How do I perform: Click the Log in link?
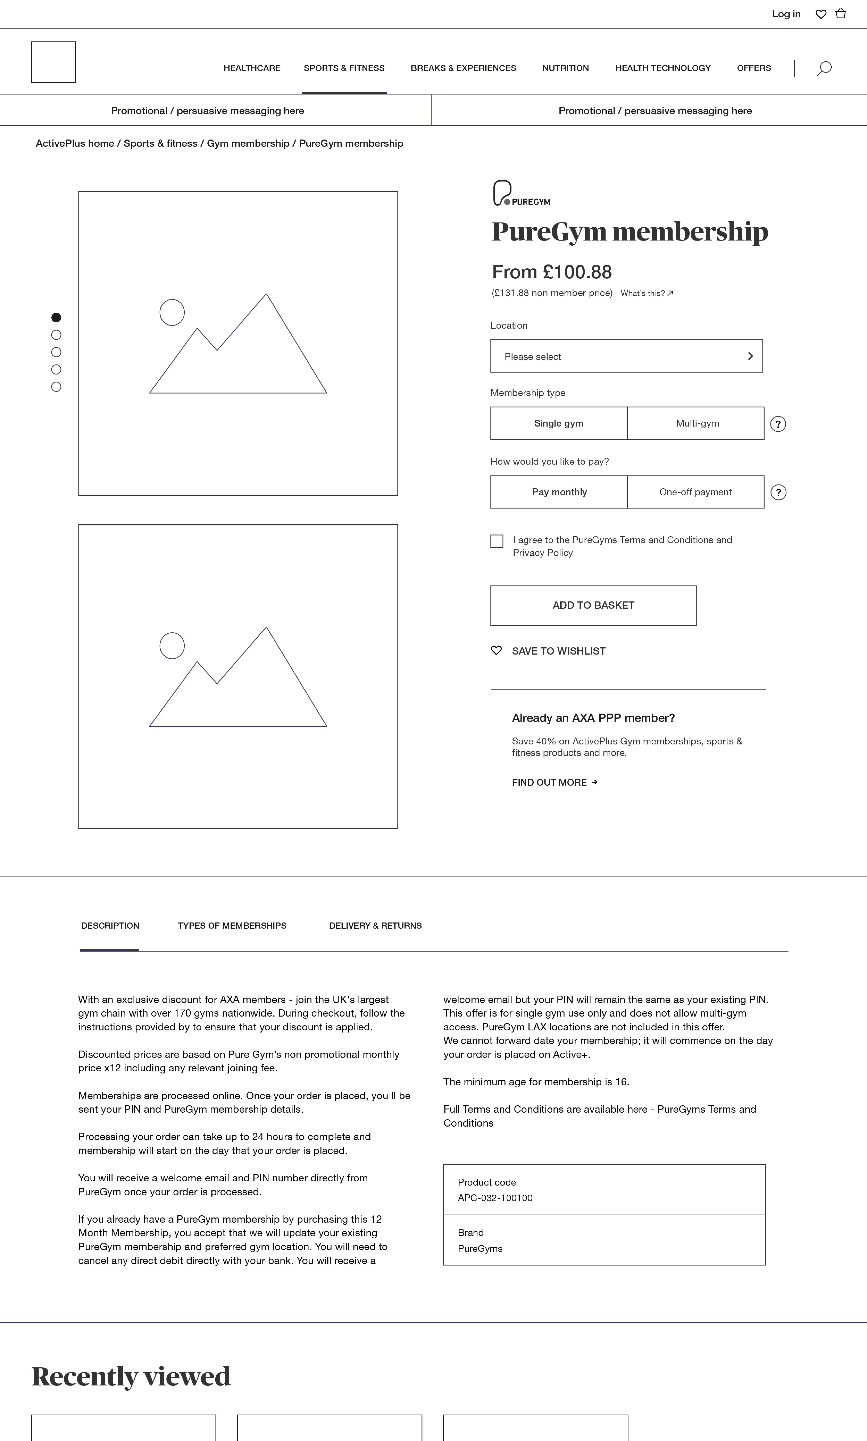(786, 14)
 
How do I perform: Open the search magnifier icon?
(824, 68)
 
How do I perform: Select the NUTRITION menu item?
(565, 68)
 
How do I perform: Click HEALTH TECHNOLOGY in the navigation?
(662, 68)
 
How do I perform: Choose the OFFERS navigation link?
(754, 68)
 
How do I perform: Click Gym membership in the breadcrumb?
(248, 144)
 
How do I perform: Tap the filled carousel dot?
(56, 318)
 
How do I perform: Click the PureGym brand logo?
(521, 193)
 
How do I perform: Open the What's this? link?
(646, 294)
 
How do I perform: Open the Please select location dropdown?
(626, 356)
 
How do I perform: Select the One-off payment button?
(695, 492)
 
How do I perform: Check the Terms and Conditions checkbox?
(497, 541)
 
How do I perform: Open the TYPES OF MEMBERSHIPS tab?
(232, 926)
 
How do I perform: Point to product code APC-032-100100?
(495, 1198)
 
